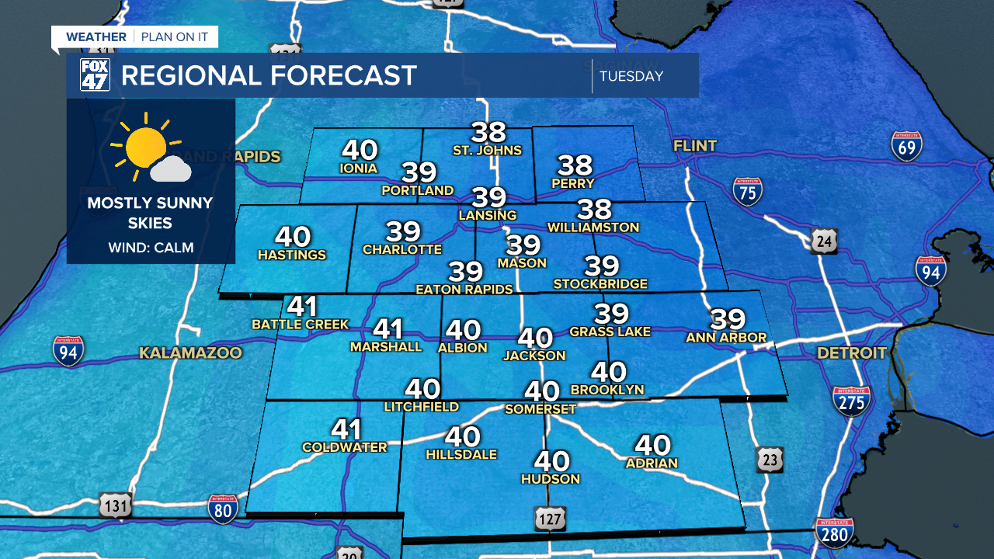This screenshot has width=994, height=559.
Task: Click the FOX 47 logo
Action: pyautogui.click(x=95, y=75)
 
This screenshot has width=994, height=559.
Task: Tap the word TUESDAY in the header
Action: pyautogui.click(x=631, y=76)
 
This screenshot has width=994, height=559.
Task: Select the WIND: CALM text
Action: pyautogui.click(x=151, y=248)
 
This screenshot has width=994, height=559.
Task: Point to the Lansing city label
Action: pyautogui.click(x=488, y=215)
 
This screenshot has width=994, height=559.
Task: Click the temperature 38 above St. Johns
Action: pyautogui.click(x=488, y=133)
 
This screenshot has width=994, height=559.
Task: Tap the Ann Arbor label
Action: pyautogui.click(x=726, y=338)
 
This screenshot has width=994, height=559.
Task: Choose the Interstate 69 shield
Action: pyautogui.click(x=906, y=146)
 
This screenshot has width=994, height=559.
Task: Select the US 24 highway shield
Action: pyautogui.click(x=824, y=241)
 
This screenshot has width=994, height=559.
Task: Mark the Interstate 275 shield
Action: pyautogui.click(x=851, y=401)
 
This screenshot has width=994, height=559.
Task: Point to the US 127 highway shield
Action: pyautogui.click(x=549, y=518)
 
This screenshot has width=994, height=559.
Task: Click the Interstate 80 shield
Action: pyautogui.click(x=224, y=508)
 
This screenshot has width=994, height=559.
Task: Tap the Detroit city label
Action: pyautogui.click(x=851, y=353)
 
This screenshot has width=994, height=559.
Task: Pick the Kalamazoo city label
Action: pyautogui.click(x=190, y=353)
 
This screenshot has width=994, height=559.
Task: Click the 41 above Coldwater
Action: pyautogui.click(x=346, y=429)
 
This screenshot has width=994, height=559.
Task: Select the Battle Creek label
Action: pyautogui.click(x=301, y=325)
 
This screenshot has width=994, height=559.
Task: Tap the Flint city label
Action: pyautogui.click(x=695, y=146)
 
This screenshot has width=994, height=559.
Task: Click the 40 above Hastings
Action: pyautogui.click(x=292, y=237)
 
